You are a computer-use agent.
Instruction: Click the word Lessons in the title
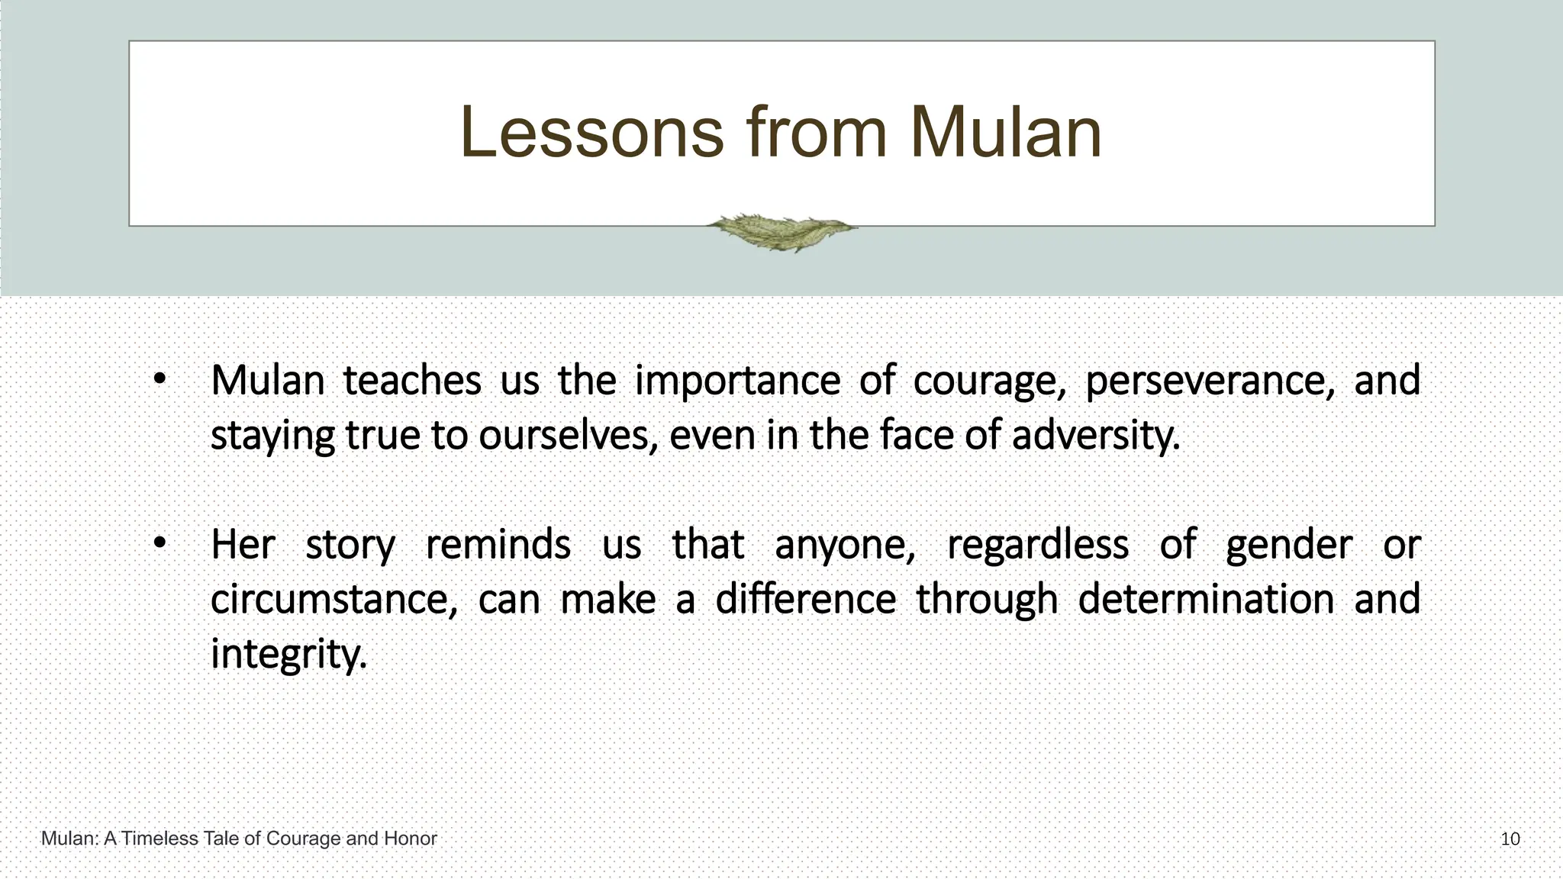tap(591, 133)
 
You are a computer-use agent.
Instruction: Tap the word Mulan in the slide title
tap(1005, 133)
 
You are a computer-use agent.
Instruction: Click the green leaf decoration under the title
tap(781, 231)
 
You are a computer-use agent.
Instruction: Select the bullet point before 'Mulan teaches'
tap(159, 379)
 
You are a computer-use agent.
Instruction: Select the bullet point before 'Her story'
tap(159, 543)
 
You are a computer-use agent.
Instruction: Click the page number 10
tap(1510, 839)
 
